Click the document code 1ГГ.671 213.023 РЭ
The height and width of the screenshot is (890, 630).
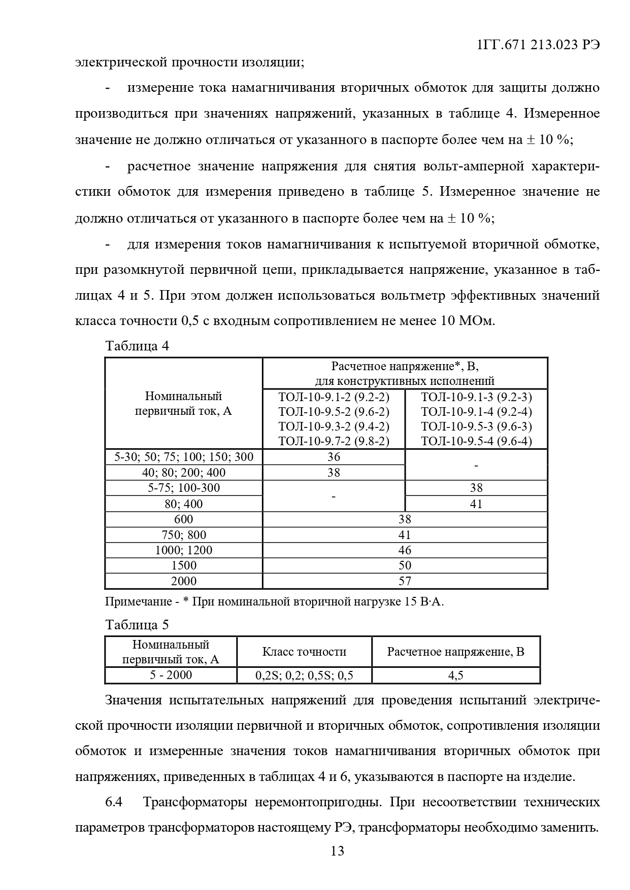coord(538,45)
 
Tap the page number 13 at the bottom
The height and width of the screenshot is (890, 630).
coord(337,850)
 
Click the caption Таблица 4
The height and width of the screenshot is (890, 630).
coord(137,346)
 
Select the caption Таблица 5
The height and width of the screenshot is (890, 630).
coord(137,624)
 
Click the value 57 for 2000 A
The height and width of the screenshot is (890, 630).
coord(405,581)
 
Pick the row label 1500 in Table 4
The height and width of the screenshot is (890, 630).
coord(184,565)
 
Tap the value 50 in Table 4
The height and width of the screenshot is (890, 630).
coord(405,565)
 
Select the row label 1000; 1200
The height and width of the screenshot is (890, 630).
coord(184,550)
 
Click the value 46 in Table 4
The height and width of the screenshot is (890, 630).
coord(405,550)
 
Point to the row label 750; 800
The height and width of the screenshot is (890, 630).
coord(184,535)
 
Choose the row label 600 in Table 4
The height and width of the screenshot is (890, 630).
coord(184,519)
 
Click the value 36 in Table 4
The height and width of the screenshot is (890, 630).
coord(334,456)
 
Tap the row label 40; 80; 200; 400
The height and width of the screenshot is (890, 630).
coord(184,473)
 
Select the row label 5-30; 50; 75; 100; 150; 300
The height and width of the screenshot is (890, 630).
coord(184,456)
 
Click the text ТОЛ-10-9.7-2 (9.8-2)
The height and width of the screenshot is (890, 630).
coord(334,441)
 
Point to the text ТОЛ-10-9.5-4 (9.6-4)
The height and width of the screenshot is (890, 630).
coord(476,441)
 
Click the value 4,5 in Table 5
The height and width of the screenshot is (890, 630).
coord(455,675)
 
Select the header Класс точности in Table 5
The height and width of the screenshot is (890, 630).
coord(304,652)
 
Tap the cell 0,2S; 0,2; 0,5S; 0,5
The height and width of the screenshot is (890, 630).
coord(304,675)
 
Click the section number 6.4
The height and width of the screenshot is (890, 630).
coord(114,802)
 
